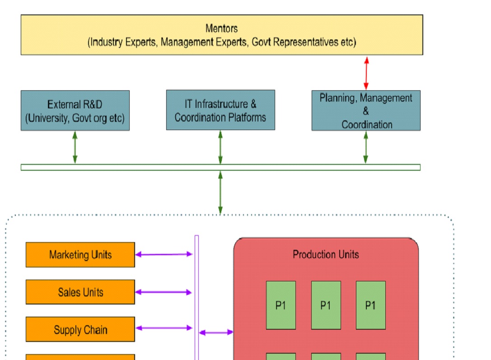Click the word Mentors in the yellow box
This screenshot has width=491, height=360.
click(x=221, y=28)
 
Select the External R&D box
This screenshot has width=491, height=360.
click(x=75, y=111)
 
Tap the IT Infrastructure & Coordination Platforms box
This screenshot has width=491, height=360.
click(x=220, y=110)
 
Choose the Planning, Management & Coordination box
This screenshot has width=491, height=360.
click(x=366, y=111)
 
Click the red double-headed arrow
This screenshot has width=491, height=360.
click(x=366, y=73)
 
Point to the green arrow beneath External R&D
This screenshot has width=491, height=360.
click(x=75, y=147)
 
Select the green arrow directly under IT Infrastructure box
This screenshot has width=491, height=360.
click(x=220, y=147)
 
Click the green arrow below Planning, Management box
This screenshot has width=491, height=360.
click(x=366, y=147)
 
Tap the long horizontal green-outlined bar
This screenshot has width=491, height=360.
click(x=136, y=168)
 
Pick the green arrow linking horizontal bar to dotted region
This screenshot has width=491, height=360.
click(x=220, y=192)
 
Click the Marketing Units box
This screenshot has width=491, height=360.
click(x=80, y=255)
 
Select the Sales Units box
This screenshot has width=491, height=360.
click(x=80, y=292)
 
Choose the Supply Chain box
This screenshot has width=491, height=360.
click(x=80, y=330)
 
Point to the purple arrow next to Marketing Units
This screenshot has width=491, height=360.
click(x=164, y=254)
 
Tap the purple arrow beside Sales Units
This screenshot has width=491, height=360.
click(x=164, y=292)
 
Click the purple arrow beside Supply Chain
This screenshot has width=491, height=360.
click(x=164, y=328)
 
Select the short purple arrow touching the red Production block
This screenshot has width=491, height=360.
click(x=216, y=332)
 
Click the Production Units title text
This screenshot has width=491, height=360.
click(x=326, y=254)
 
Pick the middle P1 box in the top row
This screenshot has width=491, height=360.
click(x=326, y=305)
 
